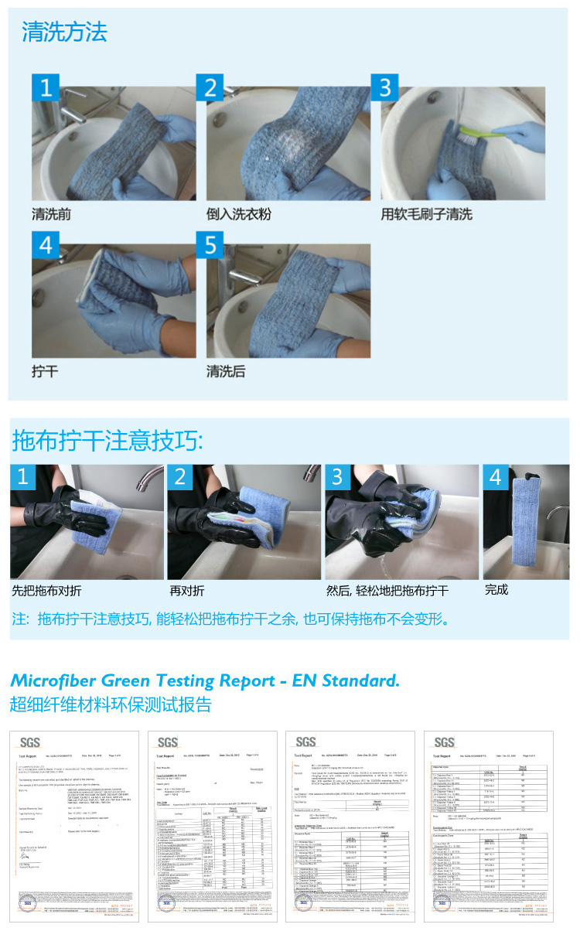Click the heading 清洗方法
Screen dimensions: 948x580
point(64,32)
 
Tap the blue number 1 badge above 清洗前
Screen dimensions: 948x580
point(46,87)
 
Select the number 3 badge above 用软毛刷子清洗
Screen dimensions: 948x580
point(384,87)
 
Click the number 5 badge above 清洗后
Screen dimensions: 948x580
point(210,247)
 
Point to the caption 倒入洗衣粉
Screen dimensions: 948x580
point(238,214)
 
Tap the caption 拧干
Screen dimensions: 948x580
point(45,372)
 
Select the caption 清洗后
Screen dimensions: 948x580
point(225,372)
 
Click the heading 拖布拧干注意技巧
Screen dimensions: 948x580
point(108,441)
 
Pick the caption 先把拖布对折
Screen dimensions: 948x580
point(46,591)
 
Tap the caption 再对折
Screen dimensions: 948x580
point(187,591)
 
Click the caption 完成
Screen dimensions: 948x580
point(496,590)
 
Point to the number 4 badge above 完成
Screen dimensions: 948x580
point(496,476)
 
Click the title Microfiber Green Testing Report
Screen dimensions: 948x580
point(204,681)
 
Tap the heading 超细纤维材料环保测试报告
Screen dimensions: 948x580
point(111,704)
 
